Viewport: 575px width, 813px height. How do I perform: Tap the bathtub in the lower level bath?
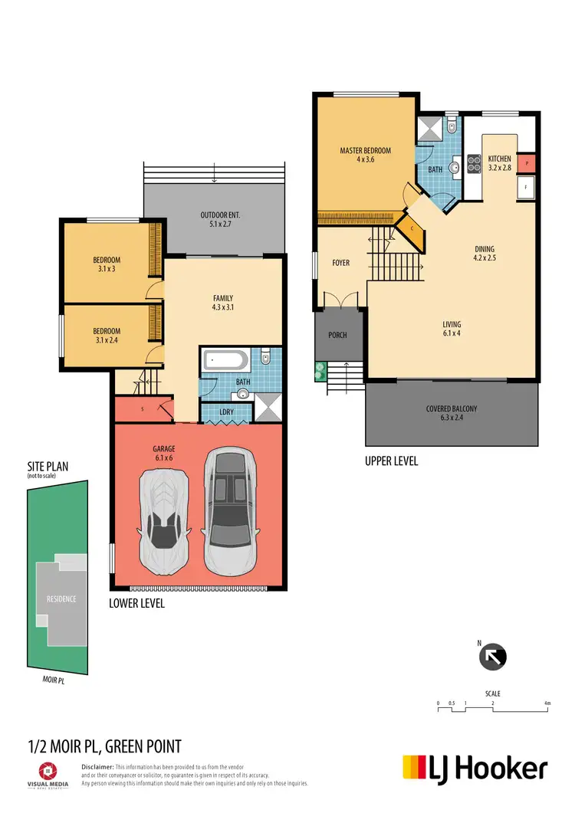[225, 360]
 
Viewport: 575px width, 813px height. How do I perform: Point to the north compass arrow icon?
[494, 657]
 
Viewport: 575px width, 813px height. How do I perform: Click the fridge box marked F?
[527, 186]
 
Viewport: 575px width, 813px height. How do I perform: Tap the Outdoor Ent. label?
[215, 220]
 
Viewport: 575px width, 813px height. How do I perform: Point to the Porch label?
[337, 335]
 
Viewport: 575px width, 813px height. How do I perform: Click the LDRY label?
[226, 413]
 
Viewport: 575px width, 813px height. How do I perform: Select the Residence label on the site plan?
[61, 598]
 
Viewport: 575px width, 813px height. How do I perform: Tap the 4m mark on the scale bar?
[547, 703]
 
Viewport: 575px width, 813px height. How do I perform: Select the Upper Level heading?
[392, 462]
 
